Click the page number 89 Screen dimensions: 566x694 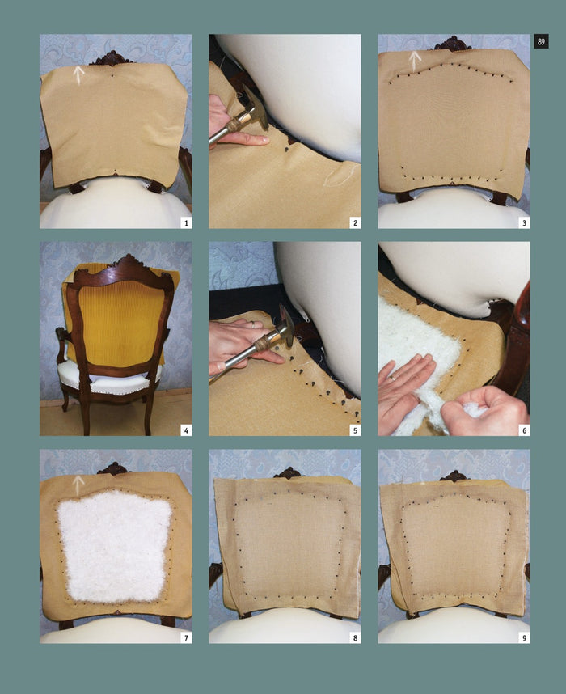[x=541, y=41]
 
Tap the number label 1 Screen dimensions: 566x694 [x=186, y=222]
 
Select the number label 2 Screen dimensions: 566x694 [x=355, y=222]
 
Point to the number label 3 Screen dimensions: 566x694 [x=525, y=222]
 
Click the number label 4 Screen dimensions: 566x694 [x=186, y=430]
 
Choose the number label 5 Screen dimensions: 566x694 [x=355, y=430]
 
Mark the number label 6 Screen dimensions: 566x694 [x=525, y=430]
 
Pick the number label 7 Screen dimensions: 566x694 [x=186, y=637]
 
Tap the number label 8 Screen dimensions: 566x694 [x=355, y=637]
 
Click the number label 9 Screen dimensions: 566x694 [x=525, y=637]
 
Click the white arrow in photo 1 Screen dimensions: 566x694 [x=78, y=75]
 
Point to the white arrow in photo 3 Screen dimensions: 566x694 [x=415, y=61]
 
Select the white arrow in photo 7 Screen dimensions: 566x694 [x=78, y=485]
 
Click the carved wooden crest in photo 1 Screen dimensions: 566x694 [x=111, y=58]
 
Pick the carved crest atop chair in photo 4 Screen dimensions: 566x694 [x=128, y=261]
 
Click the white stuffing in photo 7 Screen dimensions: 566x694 [x=115, y=546]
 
